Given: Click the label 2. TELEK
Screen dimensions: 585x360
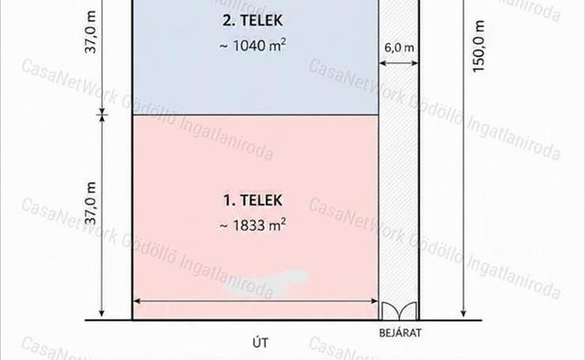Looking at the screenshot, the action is (x=253, y=20).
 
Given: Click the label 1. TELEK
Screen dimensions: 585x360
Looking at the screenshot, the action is (x=253, y=200).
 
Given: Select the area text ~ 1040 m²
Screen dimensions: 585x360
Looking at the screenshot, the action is (x=253, y=46).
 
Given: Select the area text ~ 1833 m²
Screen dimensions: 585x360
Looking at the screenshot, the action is (x=253, y=225).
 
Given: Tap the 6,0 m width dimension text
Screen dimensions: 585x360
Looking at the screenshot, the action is (x=399, y=47).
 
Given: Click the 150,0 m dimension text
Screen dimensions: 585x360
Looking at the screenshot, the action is (x=478, y=47).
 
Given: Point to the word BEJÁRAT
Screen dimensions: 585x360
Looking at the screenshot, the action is (x=400, y=333).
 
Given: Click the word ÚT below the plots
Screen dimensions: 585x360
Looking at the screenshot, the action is (x=260, y=343).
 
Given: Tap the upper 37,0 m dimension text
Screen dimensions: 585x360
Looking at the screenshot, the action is (x=91, y=32).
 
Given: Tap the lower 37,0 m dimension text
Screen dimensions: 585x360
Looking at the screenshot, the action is (x=91, y=203).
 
